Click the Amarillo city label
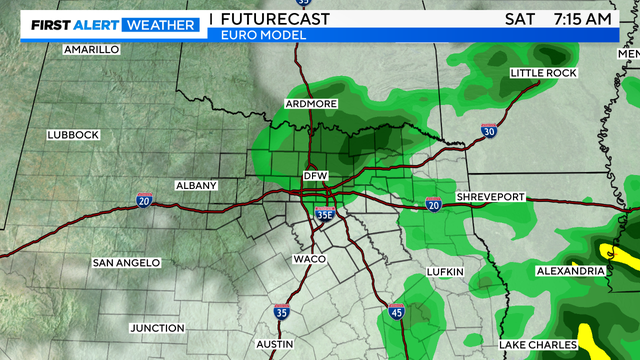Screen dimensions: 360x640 [x=91, y=49]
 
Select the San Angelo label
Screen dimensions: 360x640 [x=126, y=263]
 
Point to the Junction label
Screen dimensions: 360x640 [x=157, y=328]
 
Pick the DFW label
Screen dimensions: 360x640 [x=316, y=177]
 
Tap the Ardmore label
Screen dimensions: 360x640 [x=312, y=104]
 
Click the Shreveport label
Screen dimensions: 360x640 [x=490, y=197]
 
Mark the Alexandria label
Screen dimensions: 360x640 [x=569, y=271]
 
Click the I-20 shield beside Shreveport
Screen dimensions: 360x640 [x=433, y=204]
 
